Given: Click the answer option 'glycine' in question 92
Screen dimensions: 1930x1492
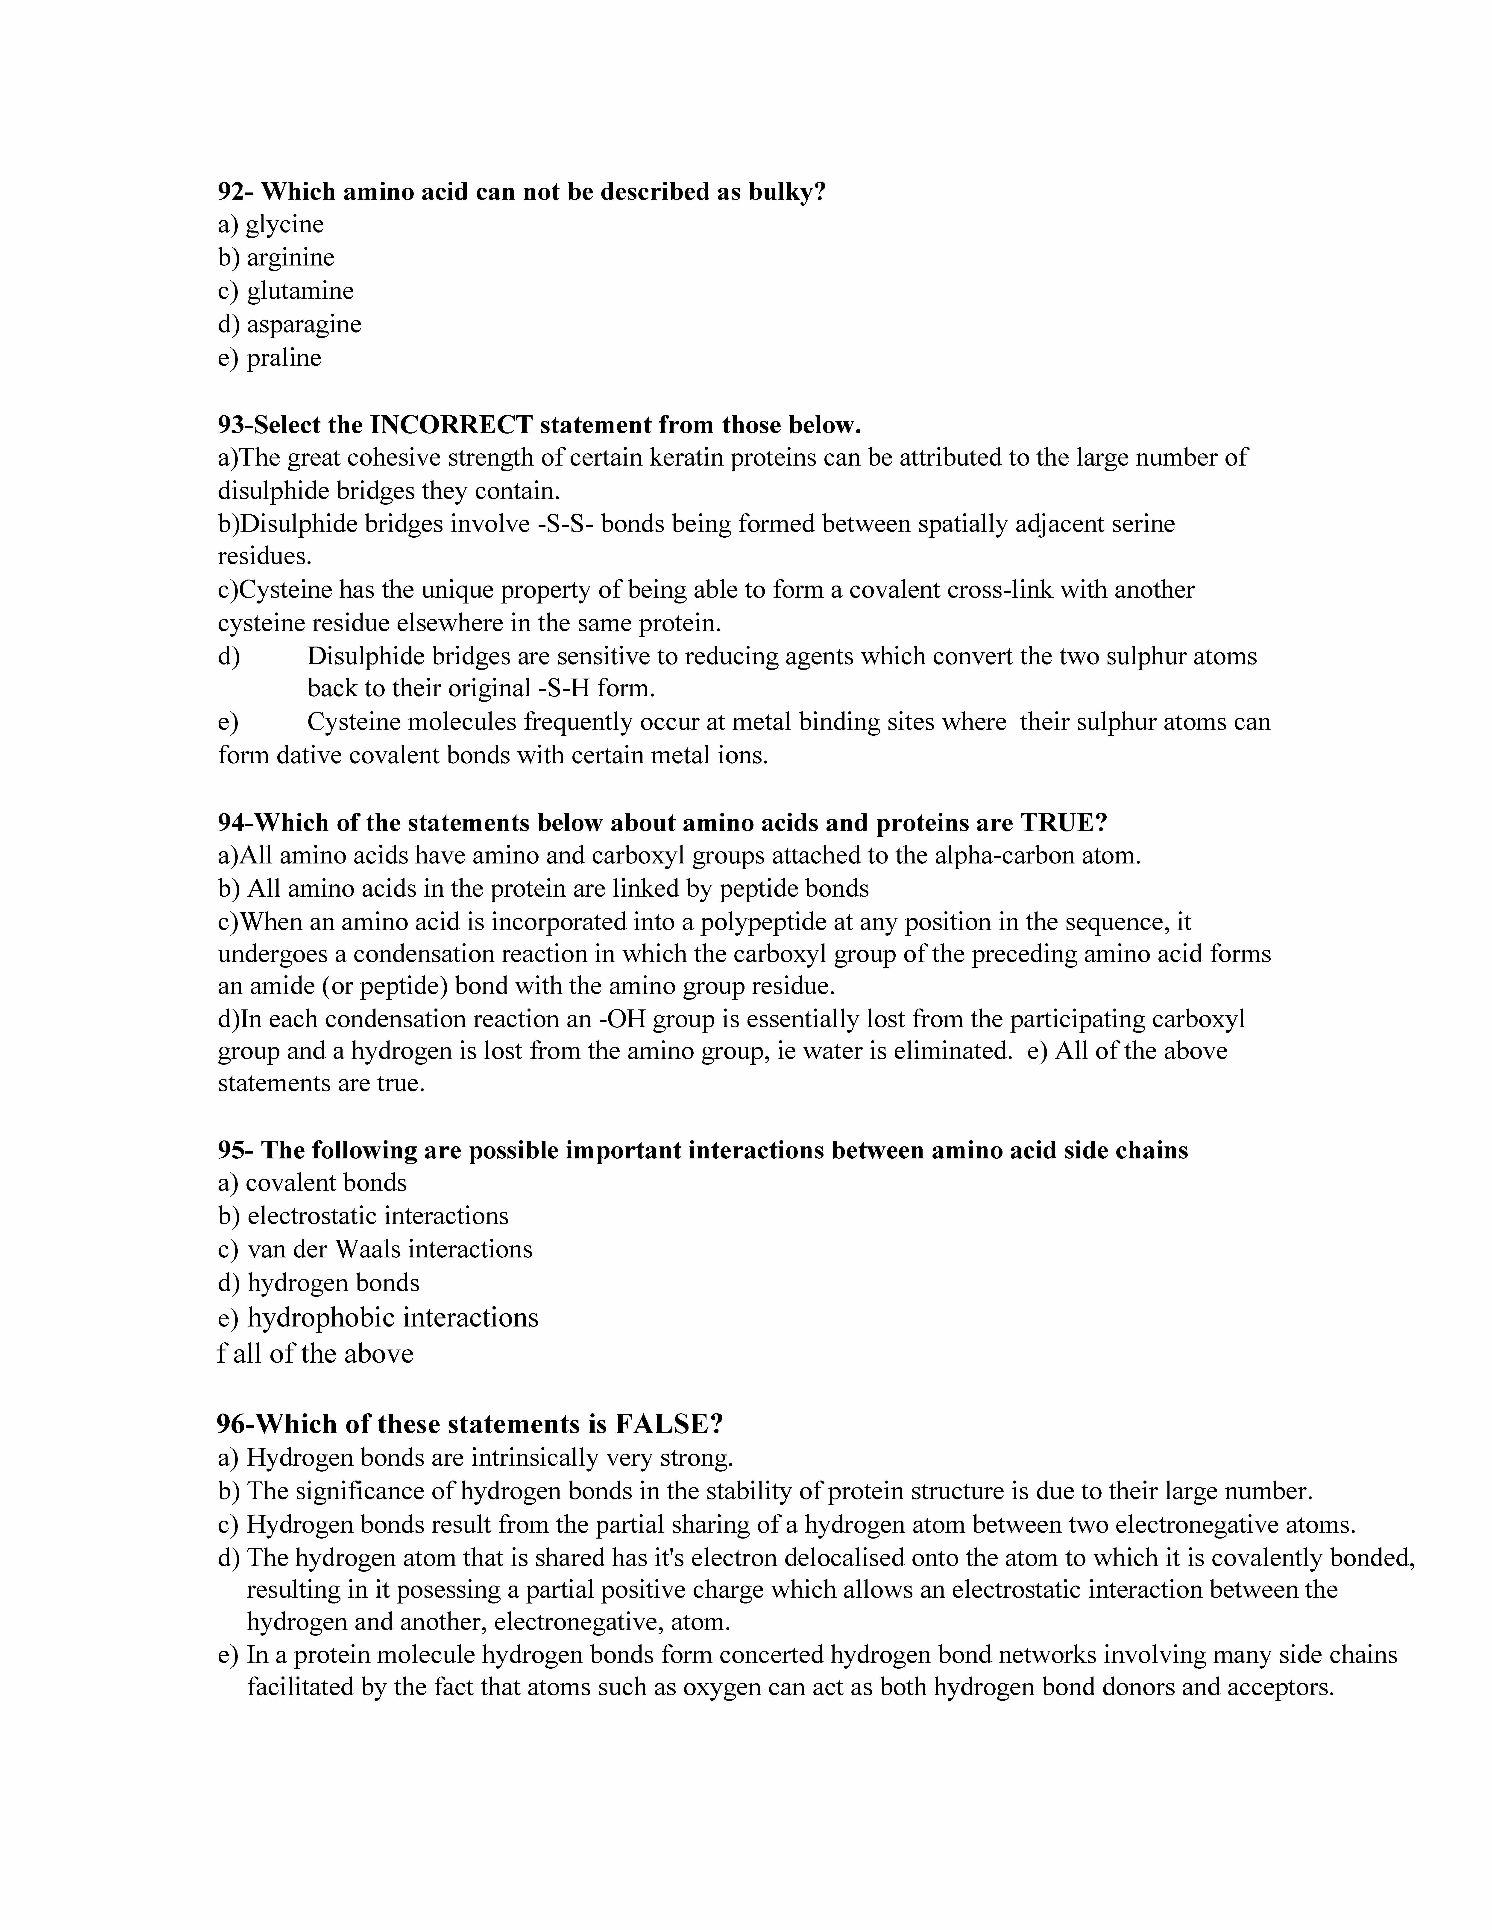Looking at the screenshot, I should tap(285, 224).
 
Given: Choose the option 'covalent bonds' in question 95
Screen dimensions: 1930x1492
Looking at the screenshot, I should tap(326, 1183).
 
